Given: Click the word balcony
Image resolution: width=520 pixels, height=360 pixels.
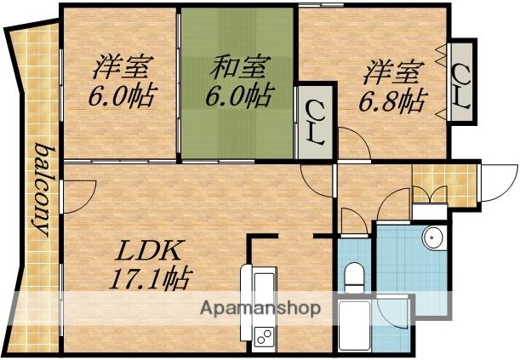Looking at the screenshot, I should tap(40, 189).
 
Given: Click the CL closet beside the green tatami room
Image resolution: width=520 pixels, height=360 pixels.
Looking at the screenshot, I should tap(313, 124).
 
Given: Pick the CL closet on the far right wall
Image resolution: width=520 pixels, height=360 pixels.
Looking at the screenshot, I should tap(462, 83).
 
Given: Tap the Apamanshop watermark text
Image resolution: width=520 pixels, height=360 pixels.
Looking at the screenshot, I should tap(260, 308).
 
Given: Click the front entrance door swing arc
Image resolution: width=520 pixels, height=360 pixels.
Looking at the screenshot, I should tap(492, 183).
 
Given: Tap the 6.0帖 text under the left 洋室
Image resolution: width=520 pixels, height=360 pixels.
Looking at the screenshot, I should tap(121, 94).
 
